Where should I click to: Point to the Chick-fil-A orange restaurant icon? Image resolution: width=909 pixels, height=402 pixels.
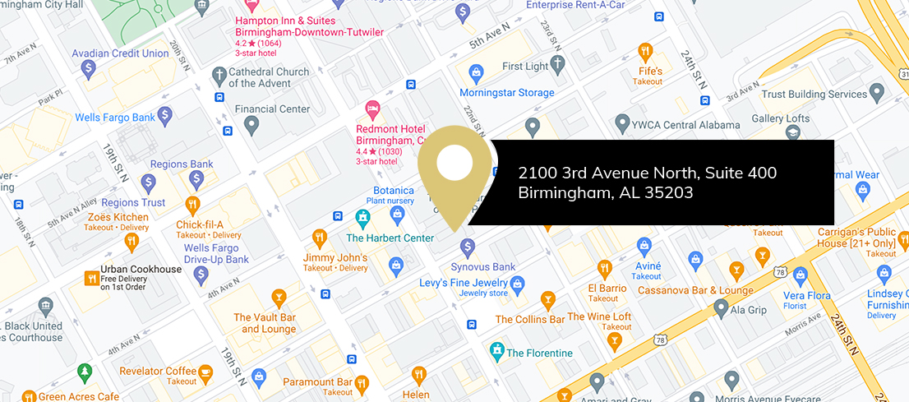(192, 204)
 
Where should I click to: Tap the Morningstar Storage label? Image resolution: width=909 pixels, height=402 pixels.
(506, 93)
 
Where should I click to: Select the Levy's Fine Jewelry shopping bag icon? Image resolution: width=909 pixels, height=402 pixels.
(517, 285)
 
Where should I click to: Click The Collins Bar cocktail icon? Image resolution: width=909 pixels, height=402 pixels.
(547, 300)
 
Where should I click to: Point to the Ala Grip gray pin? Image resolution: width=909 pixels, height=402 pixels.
(722, 308)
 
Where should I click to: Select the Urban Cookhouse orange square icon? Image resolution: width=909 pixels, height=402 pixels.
(90, 279)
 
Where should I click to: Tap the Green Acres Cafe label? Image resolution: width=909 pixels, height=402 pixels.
(79, 397)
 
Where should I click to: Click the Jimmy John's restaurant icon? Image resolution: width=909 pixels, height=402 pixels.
(320, 240)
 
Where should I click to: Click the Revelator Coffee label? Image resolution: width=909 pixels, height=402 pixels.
(158, 372)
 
